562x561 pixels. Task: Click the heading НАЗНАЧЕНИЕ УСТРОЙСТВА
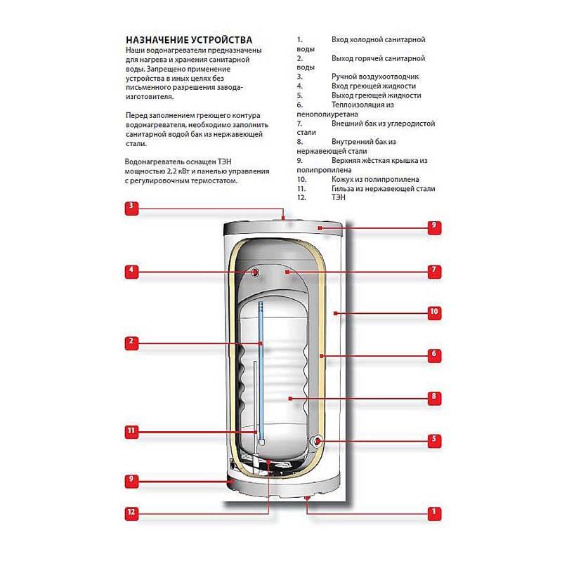(x=188, y=40)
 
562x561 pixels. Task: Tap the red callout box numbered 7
(x=434, y=270)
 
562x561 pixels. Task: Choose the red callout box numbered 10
(x=434, y=311)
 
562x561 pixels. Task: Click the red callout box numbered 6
(x=434, y=355)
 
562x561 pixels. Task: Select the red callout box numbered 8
(x=434, y=397)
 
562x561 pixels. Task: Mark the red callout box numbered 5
(x=434, y=440)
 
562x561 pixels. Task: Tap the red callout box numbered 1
(x=434, y=513)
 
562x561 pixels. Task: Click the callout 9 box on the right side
(x=434, y=226)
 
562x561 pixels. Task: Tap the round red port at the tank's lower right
(x=319, y=441)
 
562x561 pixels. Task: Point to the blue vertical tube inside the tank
(x=260, y=365)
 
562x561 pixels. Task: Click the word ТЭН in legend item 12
(x=339, y=198)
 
